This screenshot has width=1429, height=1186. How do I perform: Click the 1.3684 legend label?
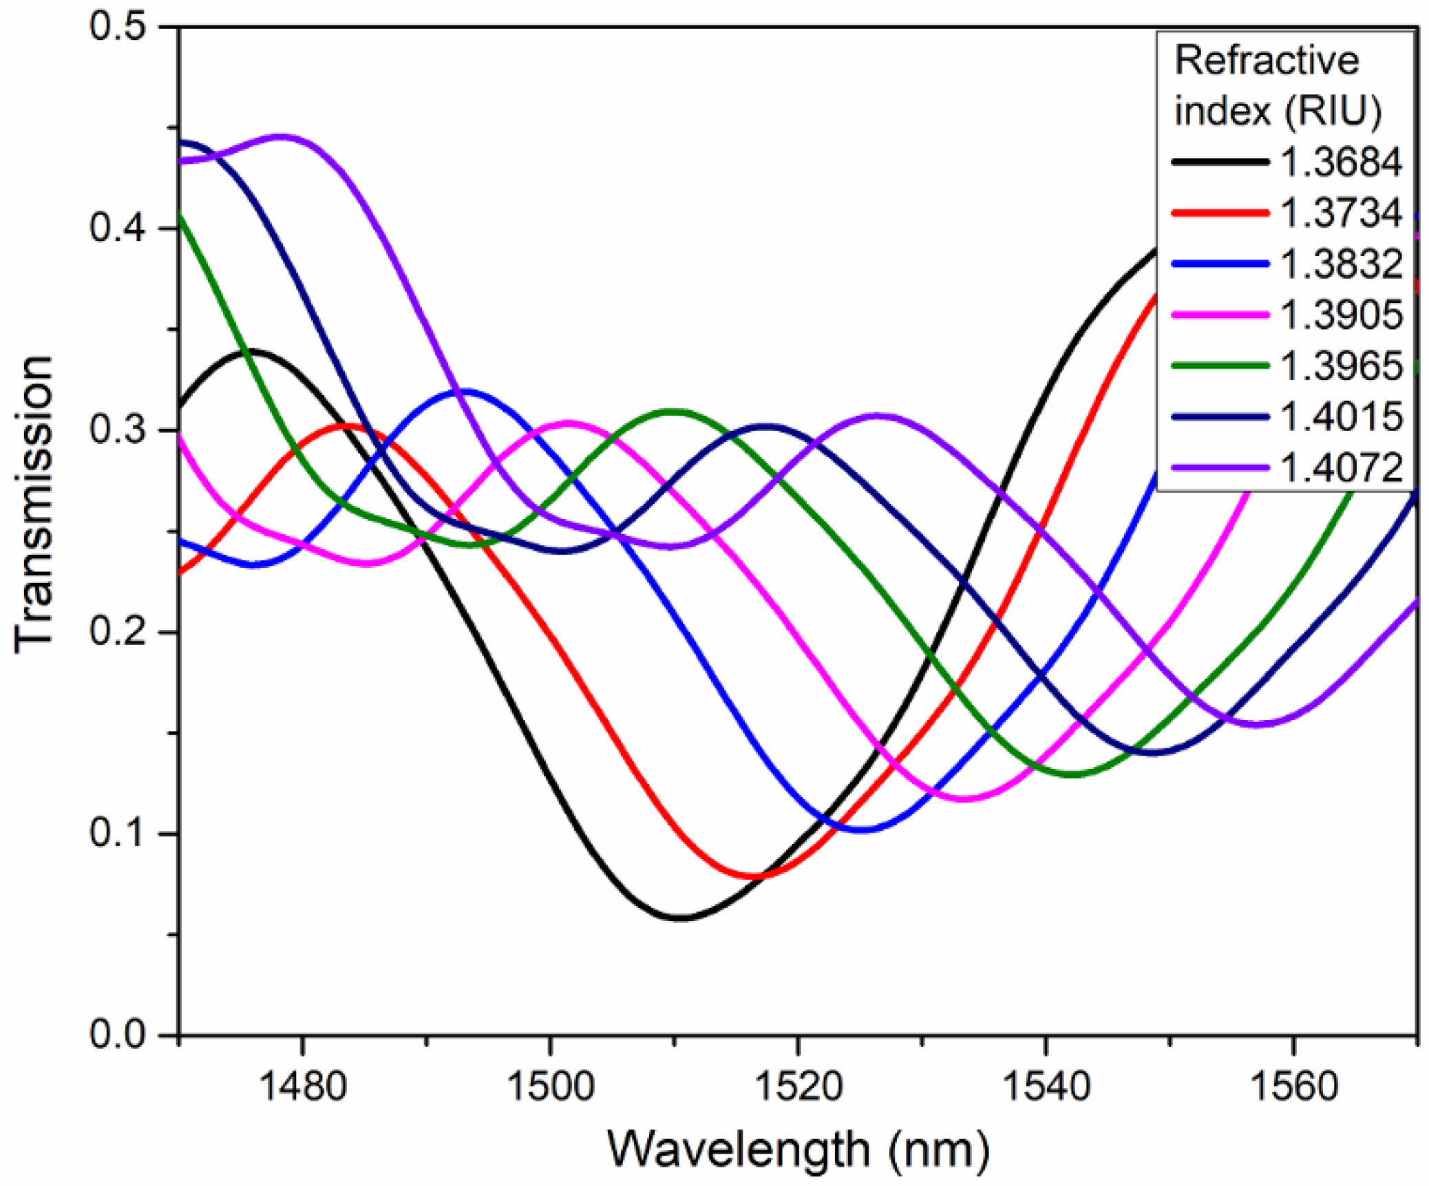1340,162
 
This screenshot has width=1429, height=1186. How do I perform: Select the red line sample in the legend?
1220,213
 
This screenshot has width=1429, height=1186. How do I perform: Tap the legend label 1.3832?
1340,264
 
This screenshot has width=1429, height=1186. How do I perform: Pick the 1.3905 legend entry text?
1340,315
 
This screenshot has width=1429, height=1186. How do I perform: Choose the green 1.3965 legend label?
1340,366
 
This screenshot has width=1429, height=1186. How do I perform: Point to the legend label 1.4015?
1340,416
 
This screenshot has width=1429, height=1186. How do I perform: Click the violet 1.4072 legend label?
1340,467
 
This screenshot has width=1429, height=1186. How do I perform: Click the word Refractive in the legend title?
1267,61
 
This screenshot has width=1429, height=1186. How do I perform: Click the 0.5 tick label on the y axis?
118,28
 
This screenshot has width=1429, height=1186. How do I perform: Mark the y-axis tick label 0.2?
118,631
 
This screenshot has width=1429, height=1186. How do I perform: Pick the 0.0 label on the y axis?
118,1034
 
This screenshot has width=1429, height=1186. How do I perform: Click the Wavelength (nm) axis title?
798,1150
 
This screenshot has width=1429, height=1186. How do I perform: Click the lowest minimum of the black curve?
680,918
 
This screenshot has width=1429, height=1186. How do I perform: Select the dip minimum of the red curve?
755,877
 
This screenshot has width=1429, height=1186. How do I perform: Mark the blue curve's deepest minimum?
865,829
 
